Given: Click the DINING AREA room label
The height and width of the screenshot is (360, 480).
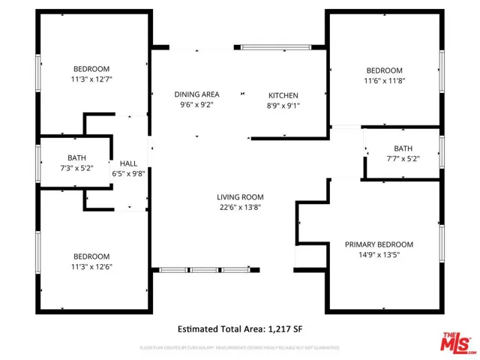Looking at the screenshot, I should [196, 94].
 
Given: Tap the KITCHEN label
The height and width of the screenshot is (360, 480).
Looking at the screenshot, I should [283, 95].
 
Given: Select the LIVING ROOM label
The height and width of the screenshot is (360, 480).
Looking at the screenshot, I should [240, 196].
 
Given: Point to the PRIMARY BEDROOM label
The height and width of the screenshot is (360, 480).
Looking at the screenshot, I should [379, 244].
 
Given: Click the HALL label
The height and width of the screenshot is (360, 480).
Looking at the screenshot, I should [128, 162].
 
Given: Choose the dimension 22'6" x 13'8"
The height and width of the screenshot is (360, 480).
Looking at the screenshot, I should [240, 208].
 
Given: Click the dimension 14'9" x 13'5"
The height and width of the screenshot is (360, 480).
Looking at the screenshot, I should [379, 256].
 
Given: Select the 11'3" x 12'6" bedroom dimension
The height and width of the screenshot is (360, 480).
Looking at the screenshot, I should [91, 266].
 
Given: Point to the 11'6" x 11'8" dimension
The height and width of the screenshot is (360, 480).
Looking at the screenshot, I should [384, 81].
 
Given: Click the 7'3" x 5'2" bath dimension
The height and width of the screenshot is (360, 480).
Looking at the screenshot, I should [76, 168].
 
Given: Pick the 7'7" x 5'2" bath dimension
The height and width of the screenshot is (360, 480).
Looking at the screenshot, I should [403, 159].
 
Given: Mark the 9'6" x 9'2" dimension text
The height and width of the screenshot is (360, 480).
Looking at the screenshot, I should [196, 105].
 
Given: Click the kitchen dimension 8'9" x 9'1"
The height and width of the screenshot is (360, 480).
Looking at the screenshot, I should [283, 106].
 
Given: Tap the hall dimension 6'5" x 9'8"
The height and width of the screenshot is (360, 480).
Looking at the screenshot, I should [128, 172].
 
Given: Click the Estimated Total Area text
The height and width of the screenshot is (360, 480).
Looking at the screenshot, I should [240, 329].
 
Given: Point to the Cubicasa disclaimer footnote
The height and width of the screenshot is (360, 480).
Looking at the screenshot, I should [240, 347].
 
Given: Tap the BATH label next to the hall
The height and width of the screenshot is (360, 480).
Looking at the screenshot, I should [76, 157].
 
